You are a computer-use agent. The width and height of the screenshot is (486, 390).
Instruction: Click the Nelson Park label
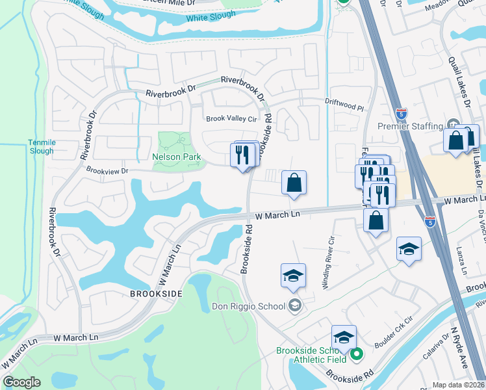[177, 157]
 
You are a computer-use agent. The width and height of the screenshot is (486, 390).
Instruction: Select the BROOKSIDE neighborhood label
[155, 293]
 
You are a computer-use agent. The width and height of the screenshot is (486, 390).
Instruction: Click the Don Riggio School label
[249, 306]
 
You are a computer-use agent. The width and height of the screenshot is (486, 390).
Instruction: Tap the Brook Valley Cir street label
[232, 119]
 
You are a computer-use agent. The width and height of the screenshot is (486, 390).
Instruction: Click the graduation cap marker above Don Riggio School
[293, 275]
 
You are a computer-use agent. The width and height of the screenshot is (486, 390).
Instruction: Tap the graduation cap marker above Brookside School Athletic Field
[344, 337]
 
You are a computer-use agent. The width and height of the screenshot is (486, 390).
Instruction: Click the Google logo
[21, 382]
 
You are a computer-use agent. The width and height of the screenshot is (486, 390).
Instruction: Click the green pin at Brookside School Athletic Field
[356, 355]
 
